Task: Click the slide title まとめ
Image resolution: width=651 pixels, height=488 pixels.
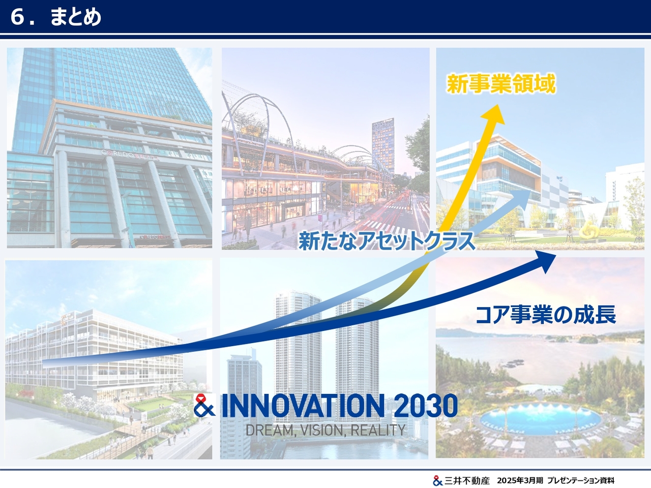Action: pyautogui.click(x=76, y=17)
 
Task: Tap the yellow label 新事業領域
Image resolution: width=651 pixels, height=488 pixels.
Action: pyautogui.click(x=501, y=84)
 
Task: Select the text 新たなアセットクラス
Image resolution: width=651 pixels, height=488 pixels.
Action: pyautogui.click(x=387, y=240)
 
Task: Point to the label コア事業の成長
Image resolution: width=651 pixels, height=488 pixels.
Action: pyautogui.click(x=546, y=315)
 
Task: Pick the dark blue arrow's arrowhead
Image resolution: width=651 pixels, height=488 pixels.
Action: pyautogui.click(x=545, y=261)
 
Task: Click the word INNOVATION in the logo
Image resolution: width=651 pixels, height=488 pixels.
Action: pyautogui.click(x=303, y=405)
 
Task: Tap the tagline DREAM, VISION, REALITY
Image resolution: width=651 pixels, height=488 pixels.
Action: pyautogui.click(x=325, y=430)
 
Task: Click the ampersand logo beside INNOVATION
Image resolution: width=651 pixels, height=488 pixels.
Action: pyautogui.click(x=204, y=405)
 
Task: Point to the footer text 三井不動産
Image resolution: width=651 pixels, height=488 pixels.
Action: pyautogui.click(x=466, y=480)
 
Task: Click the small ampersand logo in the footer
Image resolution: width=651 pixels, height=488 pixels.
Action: pyautogui.click(x=437, y=480)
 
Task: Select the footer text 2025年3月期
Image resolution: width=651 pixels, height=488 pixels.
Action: pyautogui.click(x=520, y=480)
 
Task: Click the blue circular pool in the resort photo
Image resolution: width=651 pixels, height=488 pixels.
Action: pyautogui.click(x=540, y=418)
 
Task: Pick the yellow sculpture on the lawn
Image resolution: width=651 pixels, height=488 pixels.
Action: pyautogui.click(x=588, y=230)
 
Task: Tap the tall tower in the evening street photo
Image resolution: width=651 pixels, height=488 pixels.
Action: pyautogui.click(x=383, y=146)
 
